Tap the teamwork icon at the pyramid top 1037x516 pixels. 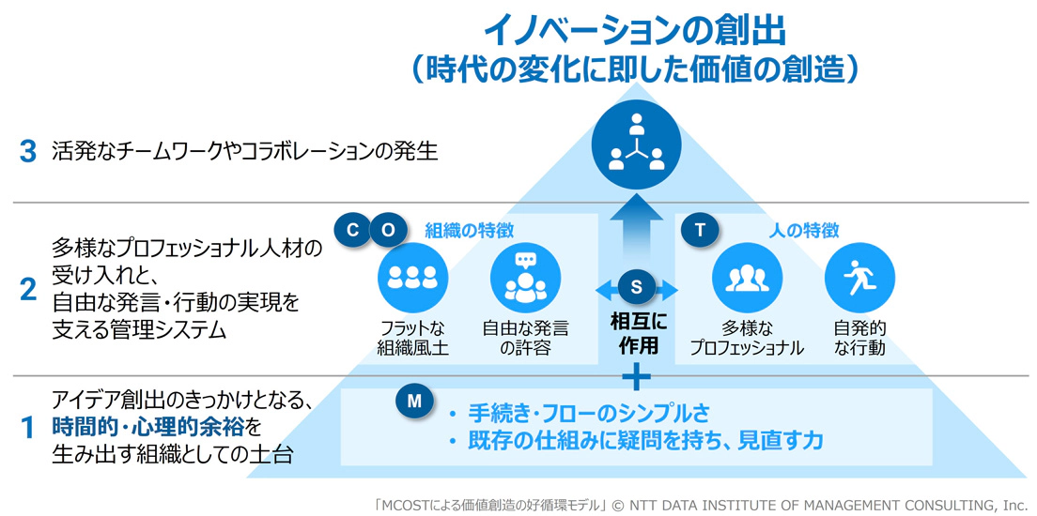click(636, 142)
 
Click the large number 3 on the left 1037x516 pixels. click(28, 151)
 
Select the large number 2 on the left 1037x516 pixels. click(28, 291)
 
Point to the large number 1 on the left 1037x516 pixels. click(28, 430)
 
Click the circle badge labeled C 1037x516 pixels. click(352, 230)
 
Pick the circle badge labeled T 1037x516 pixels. click(698, 230)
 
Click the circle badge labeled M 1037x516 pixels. click(413, 402)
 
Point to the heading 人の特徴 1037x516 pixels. click(804, 231)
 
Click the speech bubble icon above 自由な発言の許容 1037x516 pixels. click(525, 279)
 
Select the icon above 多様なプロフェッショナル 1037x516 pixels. click(747, 279)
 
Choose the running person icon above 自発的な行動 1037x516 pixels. click(859, 279)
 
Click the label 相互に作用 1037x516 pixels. click(636, 334)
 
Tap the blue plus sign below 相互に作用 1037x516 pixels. click(636, 377)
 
